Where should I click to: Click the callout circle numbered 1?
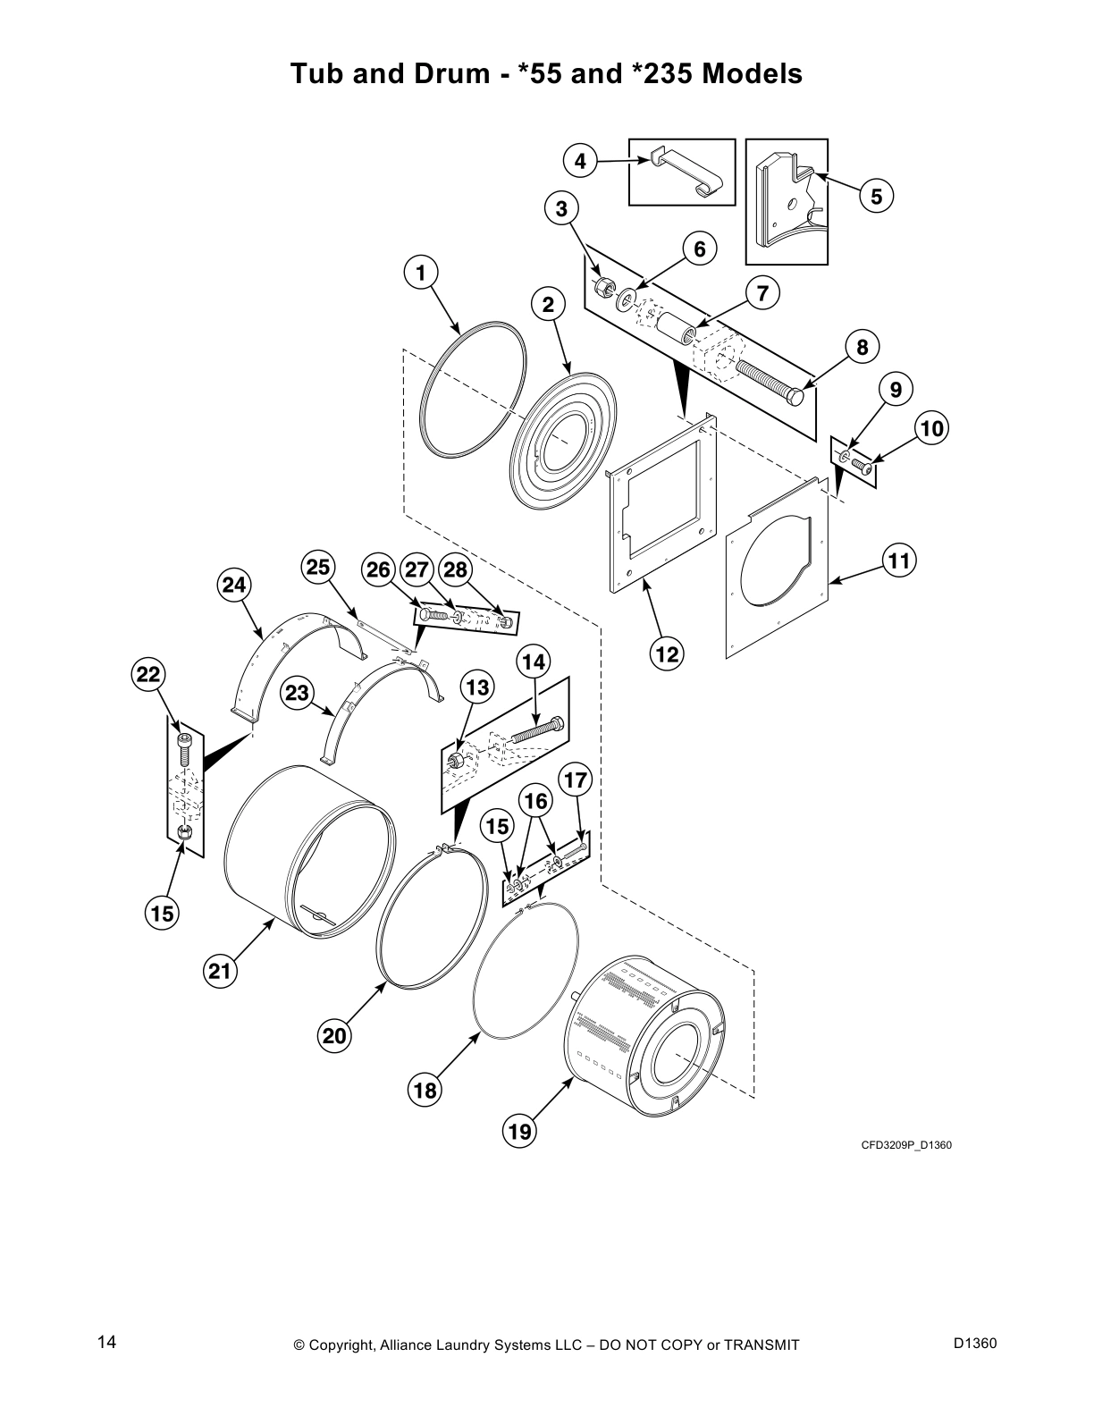421,272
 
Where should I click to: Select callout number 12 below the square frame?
667,653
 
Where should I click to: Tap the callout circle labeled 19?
519,1132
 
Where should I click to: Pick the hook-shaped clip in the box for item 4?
683,173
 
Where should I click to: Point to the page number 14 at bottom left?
106,1342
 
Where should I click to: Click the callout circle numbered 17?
576,780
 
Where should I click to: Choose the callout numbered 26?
379,569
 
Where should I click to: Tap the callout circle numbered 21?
220,969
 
